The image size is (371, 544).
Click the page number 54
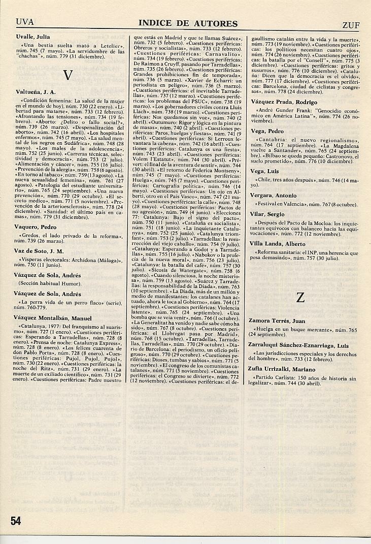[x=15, y=520]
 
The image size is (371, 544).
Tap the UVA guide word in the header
[x=25, y=22]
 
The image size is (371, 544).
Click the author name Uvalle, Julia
[x=33, y=37]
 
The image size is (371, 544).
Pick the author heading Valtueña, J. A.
[x=36, y=92]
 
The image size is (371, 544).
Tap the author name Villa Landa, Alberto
[x=277, y=244]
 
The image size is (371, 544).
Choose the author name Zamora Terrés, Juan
[x=277, y=321]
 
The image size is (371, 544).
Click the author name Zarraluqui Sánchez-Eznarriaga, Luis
[x=299, y=344]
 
